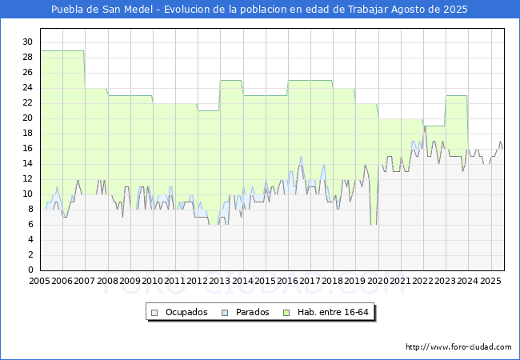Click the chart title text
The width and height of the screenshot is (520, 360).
(x=259, y=10)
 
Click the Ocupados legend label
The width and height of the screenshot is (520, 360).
(x=186, y=312)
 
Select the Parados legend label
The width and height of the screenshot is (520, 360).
(x=252, y=312)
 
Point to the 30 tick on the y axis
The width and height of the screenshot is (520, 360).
(x=27, y=42)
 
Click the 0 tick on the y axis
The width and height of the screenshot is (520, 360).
(x=30, y=270)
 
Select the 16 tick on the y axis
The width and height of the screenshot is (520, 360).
(x=27, y=148)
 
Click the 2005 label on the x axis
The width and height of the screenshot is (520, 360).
(x=39, y=282)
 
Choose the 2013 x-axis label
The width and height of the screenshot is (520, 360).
(x=220, y=282)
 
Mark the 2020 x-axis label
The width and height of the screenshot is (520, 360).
(x=378, y=282)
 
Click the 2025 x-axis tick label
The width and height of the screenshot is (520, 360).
(x=490, y=282)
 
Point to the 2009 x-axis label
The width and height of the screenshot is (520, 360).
(x=130, y=282)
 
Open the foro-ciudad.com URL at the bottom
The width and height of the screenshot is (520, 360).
(x=458, y=347)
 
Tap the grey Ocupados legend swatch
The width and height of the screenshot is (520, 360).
(x=155, y=312)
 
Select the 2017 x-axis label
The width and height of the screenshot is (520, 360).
(x=310, y=282)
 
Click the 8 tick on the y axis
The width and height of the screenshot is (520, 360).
(x=30, y=210)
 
